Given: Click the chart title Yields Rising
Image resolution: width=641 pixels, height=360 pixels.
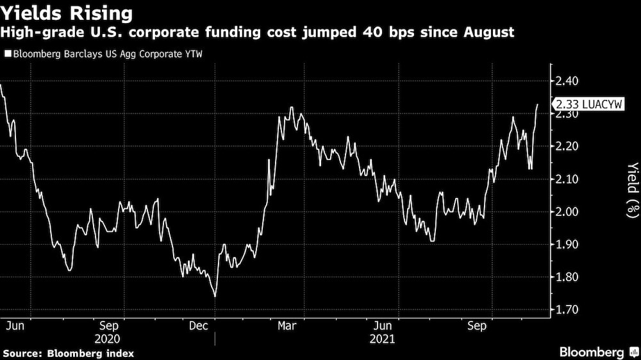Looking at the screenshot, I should point(67,13).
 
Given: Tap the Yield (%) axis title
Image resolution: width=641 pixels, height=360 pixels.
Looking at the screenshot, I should point(632,190).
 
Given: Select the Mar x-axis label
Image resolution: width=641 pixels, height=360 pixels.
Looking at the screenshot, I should point(286,325).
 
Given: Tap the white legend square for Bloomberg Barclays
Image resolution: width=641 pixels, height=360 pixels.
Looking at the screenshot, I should point(7,54).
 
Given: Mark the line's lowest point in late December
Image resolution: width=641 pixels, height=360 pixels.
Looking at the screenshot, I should point(215,296).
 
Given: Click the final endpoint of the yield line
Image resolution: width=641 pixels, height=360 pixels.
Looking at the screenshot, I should point(537,104).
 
